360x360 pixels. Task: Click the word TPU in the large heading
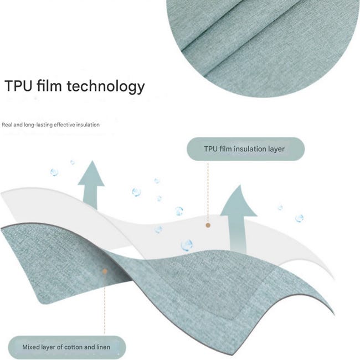18,86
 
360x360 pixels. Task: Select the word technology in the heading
106,86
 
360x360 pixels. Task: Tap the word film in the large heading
49,85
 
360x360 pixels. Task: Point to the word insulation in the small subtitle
88,125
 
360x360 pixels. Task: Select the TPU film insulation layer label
245,149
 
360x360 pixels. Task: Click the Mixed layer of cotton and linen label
67,347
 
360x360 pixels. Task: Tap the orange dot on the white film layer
208,225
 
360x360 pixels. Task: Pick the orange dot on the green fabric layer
105,271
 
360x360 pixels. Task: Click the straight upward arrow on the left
91,186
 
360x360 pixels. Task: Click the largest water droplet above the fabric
187,245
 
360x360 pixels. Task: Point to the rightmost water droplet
300,218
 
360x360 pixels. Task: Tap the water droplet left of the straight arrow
54,172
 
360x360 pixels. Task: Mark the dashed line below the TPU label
208,192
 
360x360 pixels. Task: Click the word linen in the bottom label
102,347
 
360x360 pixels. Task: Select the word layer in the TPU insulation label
275,150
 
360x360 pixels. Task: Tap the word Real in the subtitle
7,125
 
